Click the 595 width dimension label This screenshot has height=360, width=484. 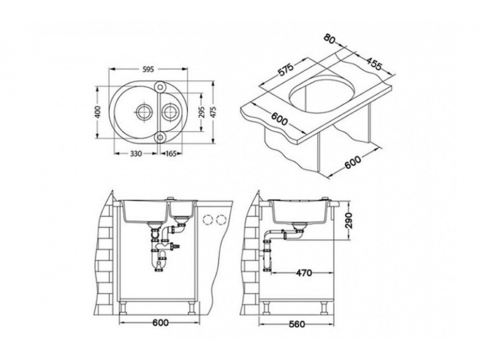[148, 70]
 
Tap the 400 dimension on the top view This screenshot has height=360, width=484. [97, 112]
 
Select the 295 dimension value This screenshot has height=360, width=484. [202, 112]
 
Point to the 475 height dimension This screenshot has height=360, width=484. [213, 112]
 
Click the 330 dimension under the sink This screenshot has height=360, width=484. [136, 153]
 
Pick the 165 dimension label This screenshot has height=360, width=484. [171, 153]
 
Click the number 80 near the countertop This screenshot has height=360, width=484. [329, 38]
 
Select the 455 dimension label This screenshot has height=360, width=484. [374, 63]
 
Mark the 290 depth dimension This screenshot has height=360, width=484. [349, 220]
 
